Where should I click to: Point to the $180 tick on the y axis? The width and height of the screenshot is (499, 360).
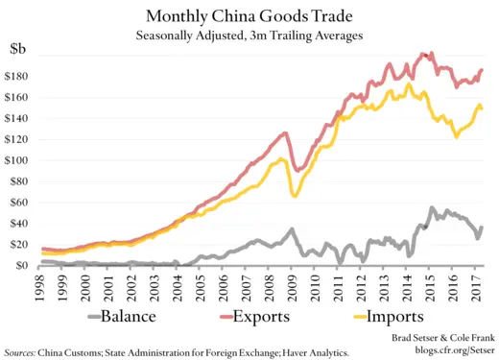coord(18,77)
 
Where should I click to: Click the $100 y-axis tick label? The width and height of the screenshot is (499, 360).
coord(18,160)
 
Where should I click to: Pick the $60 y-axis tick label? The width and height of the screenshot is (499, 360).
coord(21,203)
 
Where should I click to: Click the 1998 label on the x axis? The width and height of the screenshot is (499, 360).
coord(39,286)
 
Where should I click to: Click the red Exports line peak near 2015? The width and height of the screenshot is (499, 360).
coord(425,54)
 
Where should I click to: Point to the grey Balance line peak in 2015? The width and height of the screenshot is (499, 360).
coord(433,208)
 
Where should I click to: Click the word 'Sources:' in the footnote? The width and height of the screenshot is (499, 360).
coord(23,351)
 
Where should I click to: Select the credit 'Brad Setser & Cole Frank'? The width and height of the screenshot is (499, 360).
coord(440,339)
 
